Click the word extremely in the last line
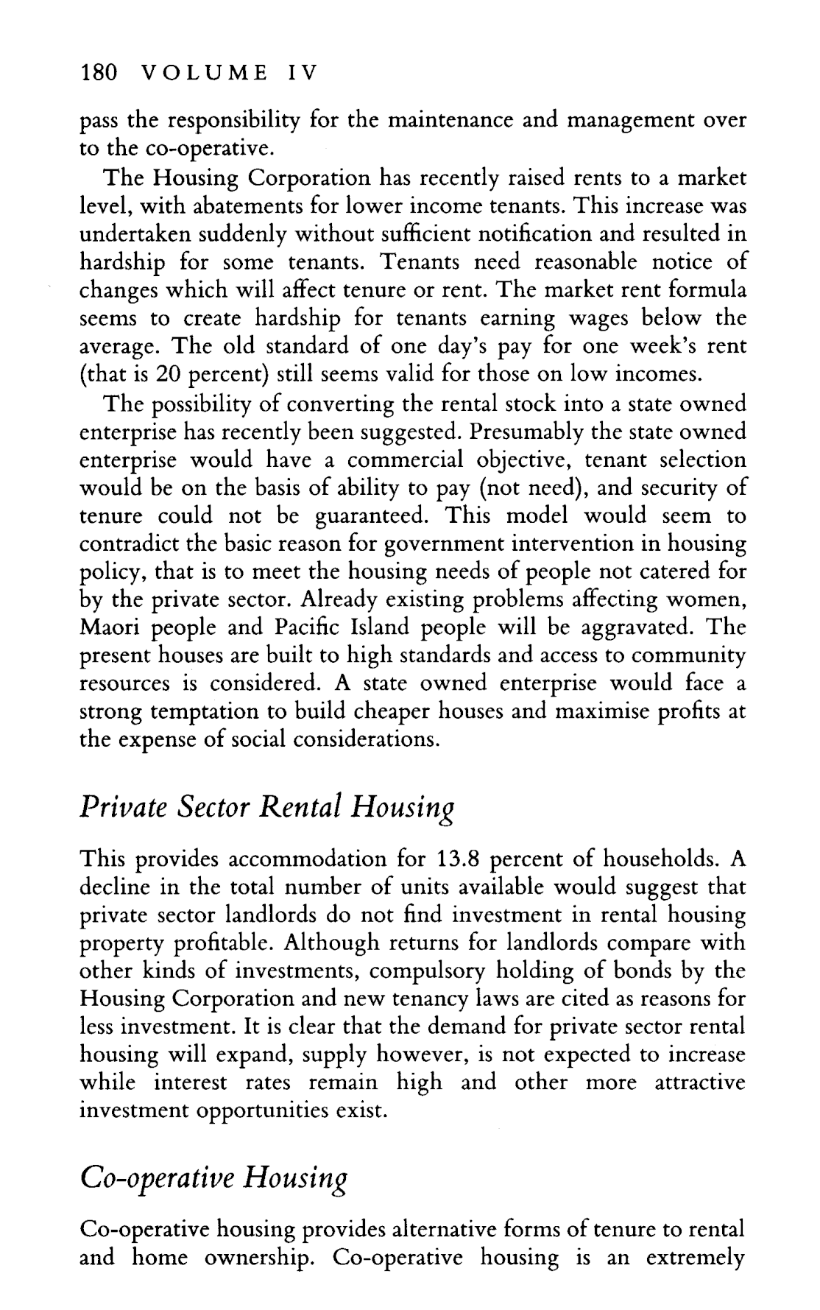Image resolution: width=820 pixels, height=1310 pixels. [696, 1258]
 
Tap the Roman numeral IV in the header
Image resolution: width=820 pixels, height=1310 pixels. [300, 73]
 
